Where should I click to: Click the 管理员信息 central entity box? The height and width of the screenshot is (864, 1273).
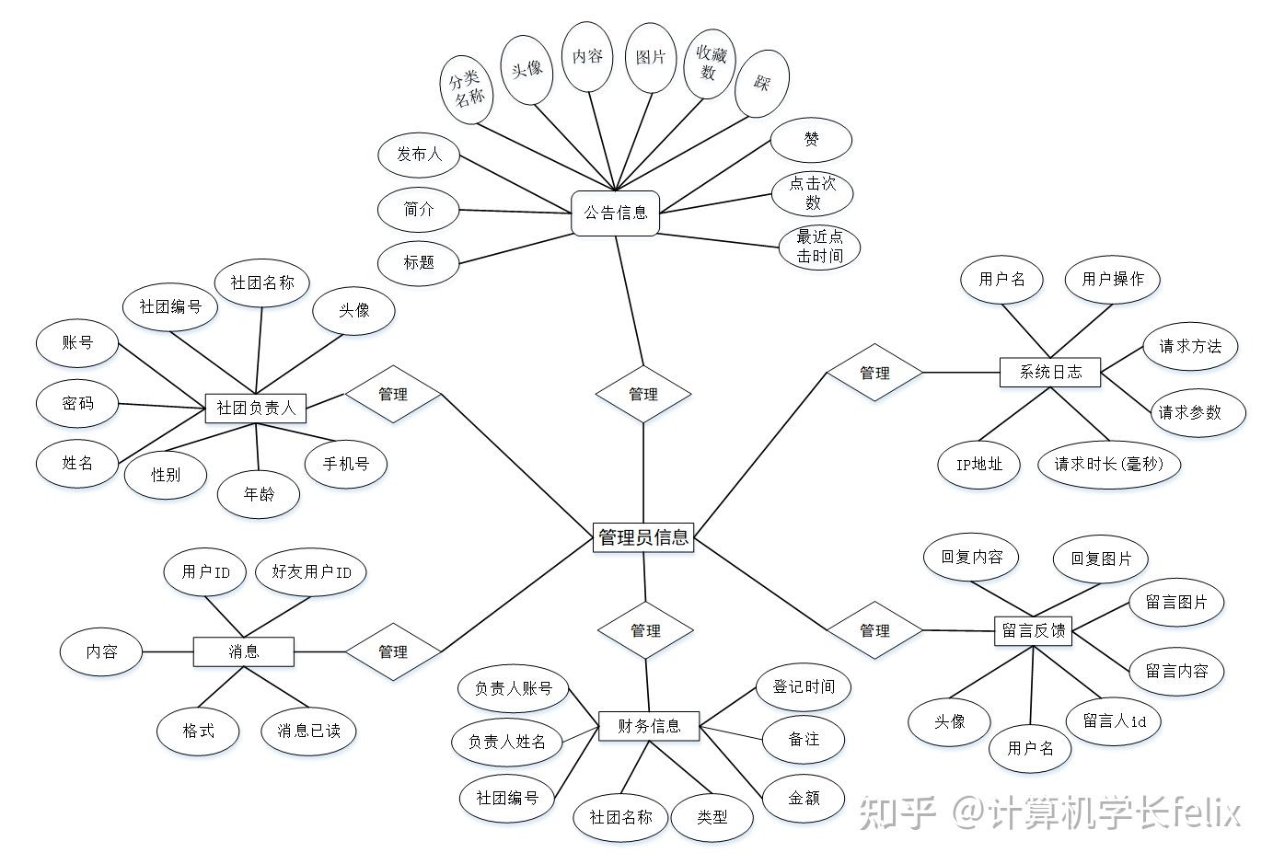642,536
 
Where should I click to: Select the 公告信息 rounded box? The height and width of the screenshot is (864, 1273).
615,213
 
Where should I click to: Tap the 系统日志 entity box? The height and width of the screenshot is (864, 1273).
1050,372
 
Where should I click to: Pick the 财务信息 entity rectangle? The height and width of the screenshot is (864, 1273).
649,726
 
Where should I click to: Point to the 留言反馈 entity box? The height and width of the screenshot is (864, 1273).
1033,630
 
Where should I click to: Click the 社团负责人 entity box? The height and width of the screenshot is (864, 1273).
256,407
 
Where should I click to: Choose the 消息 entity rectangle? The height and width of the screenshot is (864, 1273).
243,651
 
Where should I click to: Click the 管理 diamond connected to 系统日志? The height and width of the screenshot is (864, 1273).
874,373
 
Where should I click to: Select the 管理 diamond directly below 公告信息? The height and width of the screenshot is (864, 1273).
642,394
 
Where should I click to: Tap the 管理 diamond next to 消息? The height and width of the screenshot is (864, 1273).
393,651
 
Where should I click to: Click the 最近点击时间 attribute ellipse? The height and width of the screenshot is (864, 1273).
818,247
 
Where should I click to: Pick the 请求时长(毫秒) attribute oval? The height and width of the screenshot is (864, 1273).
1108,464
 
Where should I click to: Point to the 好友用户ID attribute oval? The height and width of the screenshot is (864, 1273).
311,571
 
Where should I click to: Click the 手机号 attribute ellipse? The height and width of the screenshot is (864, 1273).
345,464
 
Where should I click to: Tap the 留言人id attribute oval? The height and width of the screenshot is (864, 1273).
1114,721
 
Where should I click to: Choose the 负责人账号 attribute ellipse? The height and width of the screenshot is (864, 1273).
514,688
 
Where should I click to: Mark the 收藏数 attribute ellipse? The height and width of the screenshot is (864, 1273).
711,63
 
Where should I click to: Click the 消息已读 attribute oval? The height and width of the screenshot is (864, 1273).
308,731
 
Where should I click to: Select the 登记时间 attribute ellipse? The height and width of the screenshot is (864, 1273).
804,686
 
